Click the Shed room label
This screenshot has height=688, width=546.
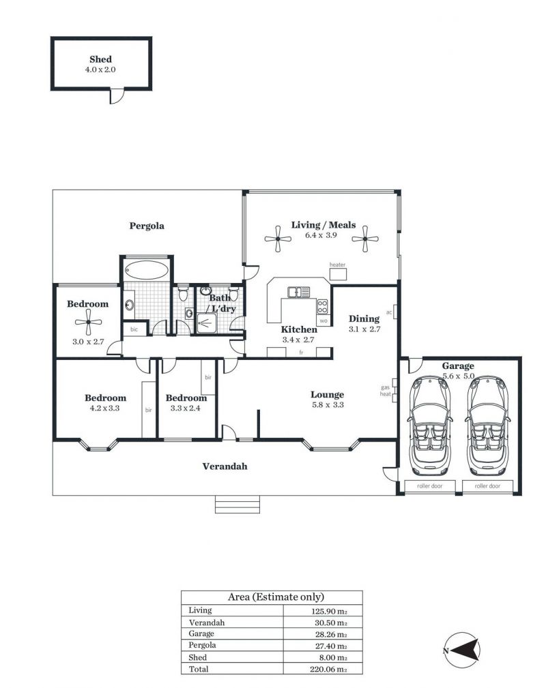click(100, 59)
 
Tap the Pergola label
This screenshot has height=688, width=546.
click(147, 226)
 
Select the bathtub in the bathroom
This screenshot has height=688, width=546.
click(146, 269)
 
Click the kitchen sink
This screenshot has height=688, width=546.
click(299, 292)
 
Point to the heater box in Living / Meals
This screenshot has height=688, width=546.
click(339, 274)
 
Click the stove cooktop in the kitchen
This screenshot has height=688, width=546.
click(322, 306)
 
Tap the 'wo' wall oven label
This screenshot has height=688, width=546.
click(324, 320)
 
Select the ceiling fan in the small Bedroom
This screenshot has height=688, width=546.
click(88, 322)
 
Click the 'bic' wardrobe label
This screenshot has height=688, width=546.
click(134, 329)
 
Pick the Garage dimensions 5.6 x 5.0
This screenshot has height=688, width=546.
click(458, 376)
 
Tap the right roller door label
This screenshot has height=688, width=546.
click(487, 486)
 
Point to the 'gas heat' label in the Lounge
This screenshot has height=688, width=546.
click(385, 391)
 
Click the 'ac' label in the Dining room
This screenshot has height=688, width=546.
click(389, 312)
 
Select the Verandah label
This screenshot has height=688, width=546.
click(225, 466)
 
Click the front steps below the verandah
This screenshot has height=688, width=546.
click(238, 505)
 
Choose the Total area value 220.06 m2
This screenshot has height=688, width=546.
click(328, 670)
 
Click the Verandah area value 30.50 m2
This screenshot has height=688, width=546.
click(331, 623)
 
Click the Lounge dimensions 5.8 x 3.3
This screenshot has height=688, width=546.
click(328, 405)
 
